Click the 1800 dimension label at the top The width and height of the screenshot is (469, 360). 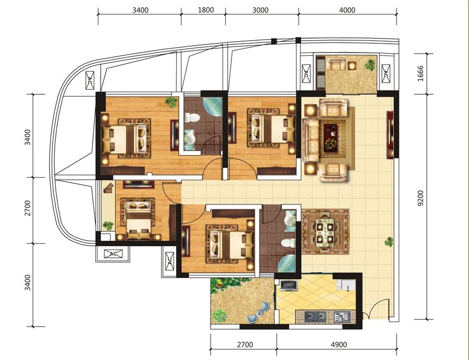[x=206, y=10]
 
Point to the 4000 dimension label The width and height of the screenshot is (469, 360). [x=347, y=10]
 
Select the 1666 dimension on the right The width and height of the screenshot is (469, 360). [x=421, y=73]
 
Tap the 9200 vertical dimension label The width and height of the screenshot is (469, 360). [x=421, y=198]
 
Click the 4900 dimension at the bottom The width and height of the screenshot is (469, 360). [x=339, y=344]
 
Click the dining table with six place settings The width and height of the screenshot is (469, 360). [x=325, y=231]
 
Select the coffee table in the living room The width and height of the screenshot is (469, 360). [x=330, y=136]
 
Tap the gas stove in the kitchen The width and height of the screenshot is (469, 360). [x=315, y=316]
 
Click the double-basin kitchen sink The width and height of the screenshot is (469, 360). [x=342, y=316]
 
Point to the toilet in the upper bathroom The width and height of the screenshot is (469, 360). [x=192, y=117]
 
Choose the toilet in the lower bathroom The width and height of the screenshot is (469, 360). [x=288, y=242]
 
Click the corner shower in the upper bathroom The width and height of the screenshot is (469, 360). [x=213, y=107]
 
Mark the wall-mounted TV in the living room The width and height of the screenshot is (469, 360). [x=390, y=134]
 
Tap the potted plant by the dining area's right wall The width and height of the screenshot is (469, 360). [x=389, y=241]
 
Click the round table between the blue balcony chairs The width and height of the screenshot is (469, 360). [x=260, y=313]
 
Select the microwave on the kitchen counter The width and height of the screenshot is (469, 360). [x=289, y=285]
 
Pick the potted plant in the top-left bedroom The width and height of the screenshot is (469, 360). [x=171, y=102]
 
